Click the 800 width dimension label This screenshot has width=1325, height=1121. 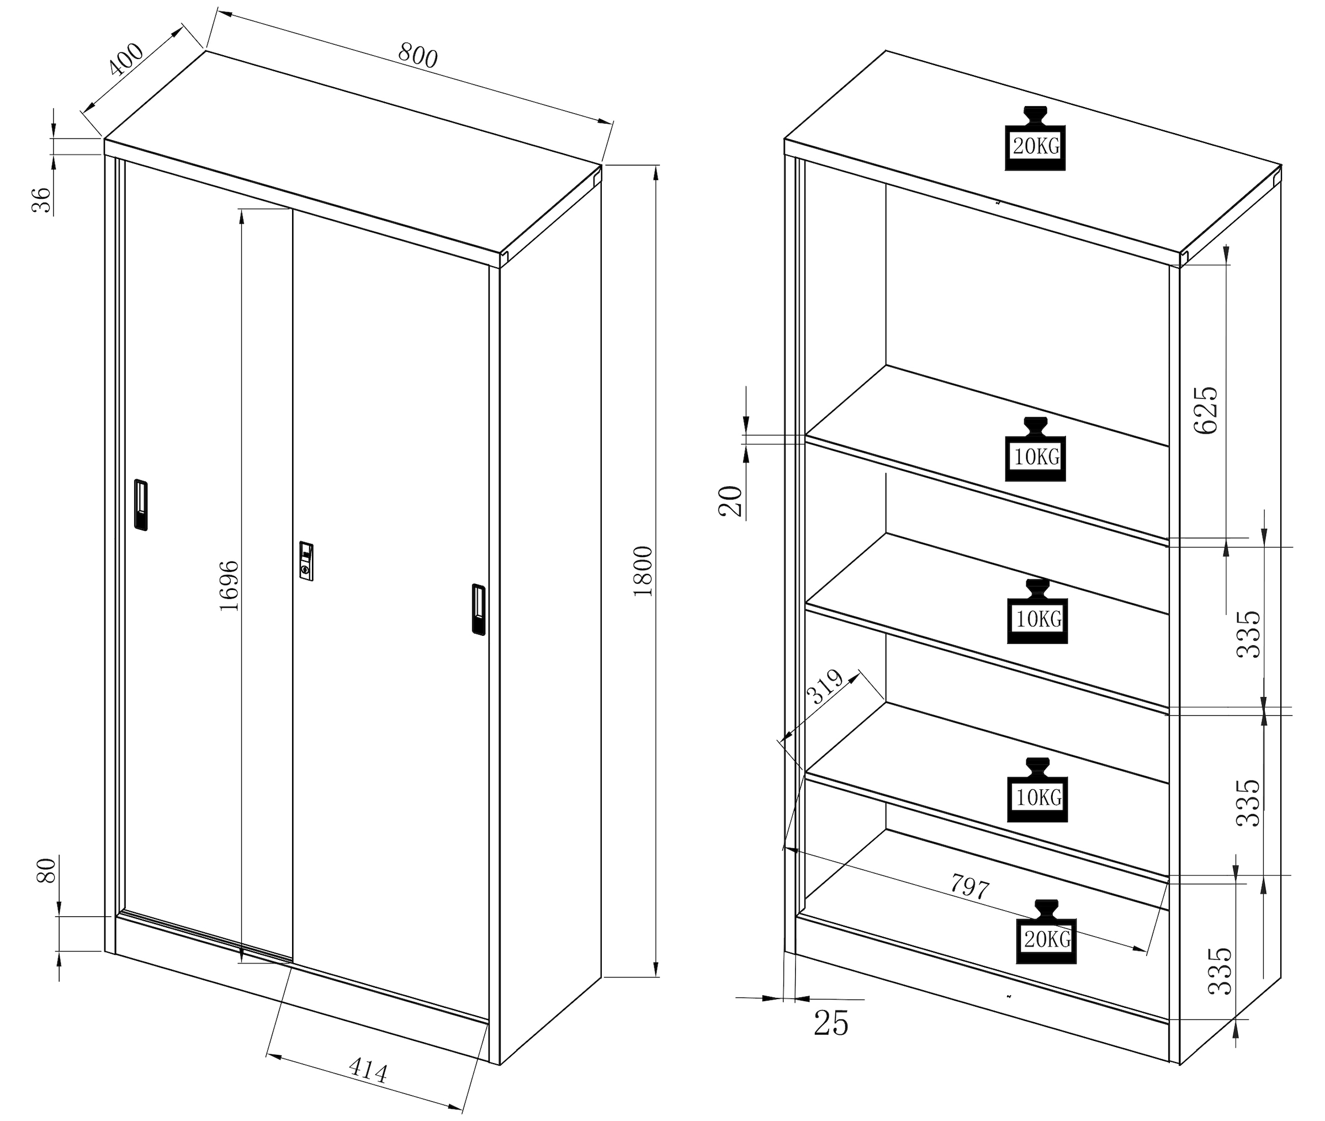coord(417,55)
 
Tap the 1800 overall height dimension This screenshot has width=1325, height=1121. coord(643,570)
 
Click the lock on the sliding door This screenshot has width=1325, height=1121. coord(306,561)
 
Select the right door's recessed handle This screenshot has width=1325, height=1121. coord(479,609)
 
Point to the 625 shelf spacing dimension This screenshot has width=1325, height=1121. coord(1206,410)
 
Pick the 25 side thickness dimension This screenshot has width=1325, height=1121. coord(830,1023)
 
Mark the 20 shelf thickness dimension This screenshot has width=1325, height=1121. coord(731,501)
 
